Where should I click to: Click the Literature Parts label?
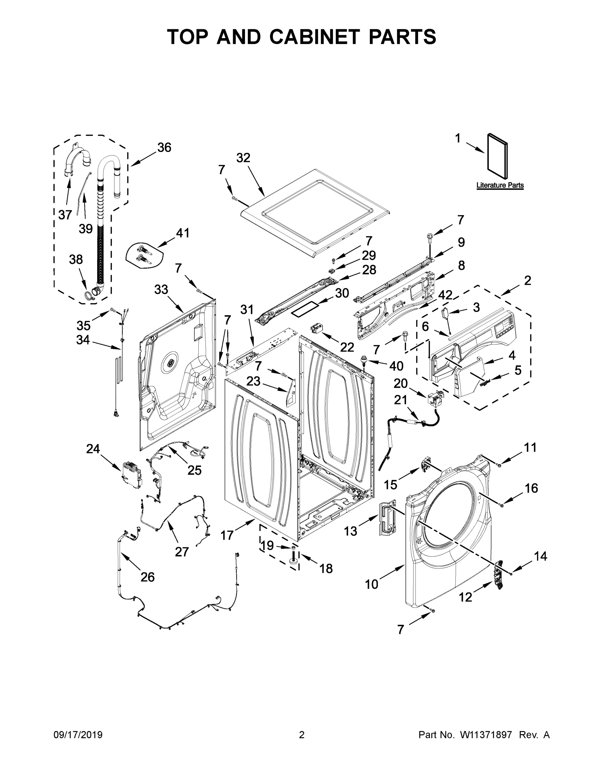[x=500, y=185]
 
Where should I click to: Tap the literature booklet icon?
[x=497, y=157]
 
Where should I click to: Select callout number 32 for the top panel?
[x=243, y=158]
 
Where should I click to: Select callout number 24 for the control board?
[x=93, y=449]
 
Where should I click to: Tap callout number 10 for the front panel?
[x=372, y=584]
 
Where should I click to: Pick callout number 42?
[x=445, y=295]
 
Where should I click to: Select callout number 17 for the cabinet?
[x=227, y=535]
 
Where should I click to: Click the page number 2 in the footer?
[x=302, y=735]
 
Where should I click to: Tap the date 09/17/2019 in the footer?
[x=78, y=735]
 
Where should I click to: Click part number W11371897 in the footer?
[x=486, y=735]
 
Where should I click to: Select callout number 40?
[x=396, y=366]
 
